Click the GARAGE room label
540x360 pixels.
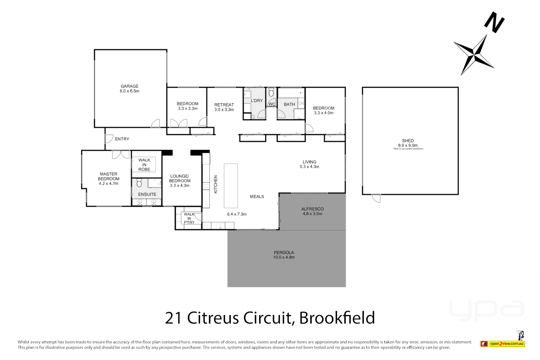coord(129,86)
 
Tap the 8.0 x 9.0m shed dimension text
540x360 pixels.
coord(408,145)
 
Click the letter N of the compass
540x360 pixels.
coord(494,23)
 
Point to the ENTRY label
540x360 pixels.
coord(122,139)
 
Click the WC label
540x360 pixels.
coord(272,104)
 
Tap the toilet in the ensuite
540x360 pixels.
coord(139,183)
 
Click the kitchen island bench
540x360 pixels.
coord(231,186)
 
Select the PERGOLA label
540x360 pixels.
coord(284,252)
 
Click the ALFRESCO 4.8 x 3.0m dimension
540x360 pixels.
coord(312,214)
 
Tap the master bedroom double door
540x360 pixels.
coord(121,154)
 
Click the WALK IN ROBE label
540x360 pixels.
coord(144,165)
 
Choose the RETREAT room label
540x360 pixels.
coord(224,105)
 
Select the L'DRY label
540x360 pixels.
coord(257,101)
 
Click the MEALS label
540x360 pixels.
coord(257,197)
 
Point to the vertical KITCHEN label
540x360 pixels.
coord(216,184)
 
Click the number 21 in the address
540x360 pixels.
coord(174,318)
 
